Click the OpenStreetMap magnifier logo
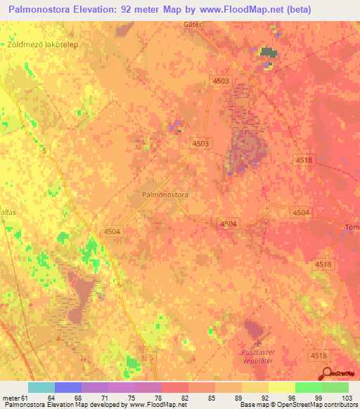coord(326,375)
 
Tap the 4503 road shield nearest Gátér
coord(221,82)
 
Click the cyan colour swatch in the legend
coord(41,387)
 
